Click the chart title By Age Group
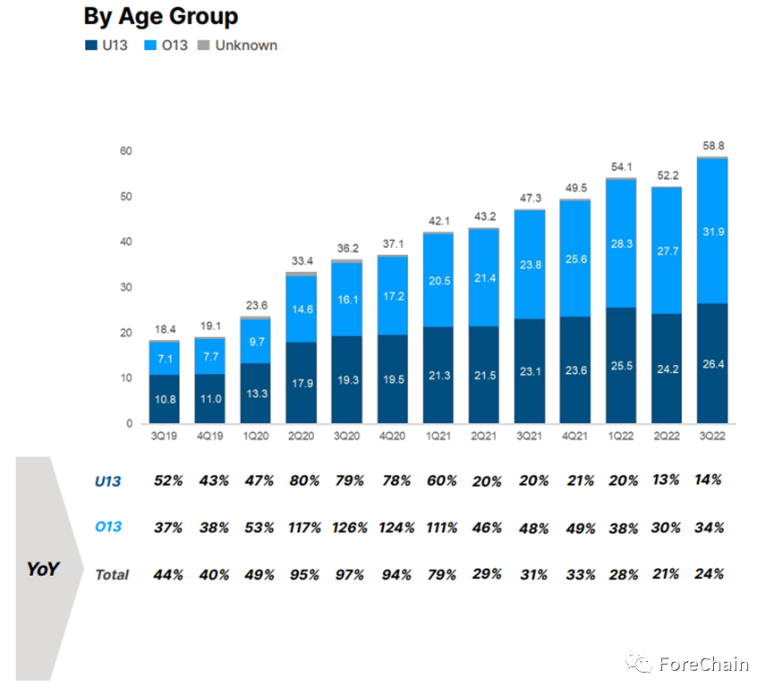tap(161, 16)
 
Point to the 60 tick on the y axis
tap(126, 151)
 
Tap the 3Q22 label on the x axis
tap(712, 436)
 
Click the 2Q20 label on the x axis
tap(301, 436)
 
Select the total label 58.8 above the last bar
tap(712, 146)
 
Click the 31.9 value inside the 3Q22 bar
tap(712, 233)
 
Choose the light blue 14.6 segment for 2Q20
tap(301, 309)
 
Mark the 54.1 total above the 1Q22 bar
tap(621, 167)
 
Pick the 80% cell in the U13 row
tap(301, 481)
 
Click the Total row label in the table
tap(112, 574)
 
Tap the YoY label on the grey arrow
tap(42, 568)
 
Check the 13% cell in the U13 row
tap(665, 480)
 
